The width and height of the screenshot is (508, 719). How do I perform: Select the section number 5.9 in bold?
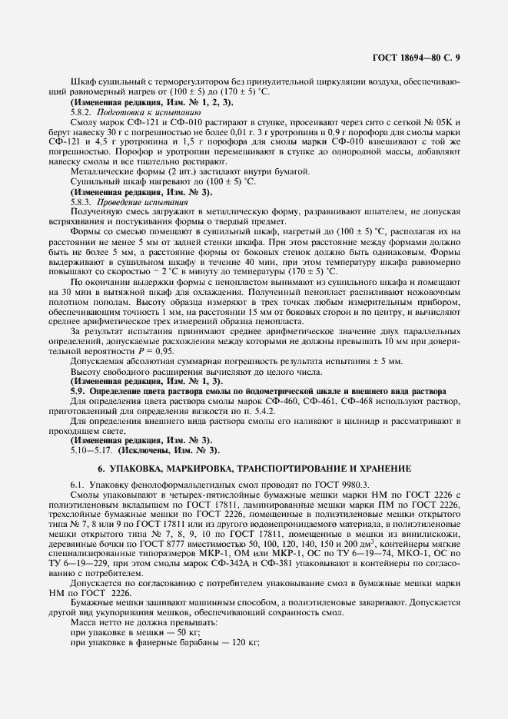[77, 390]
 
